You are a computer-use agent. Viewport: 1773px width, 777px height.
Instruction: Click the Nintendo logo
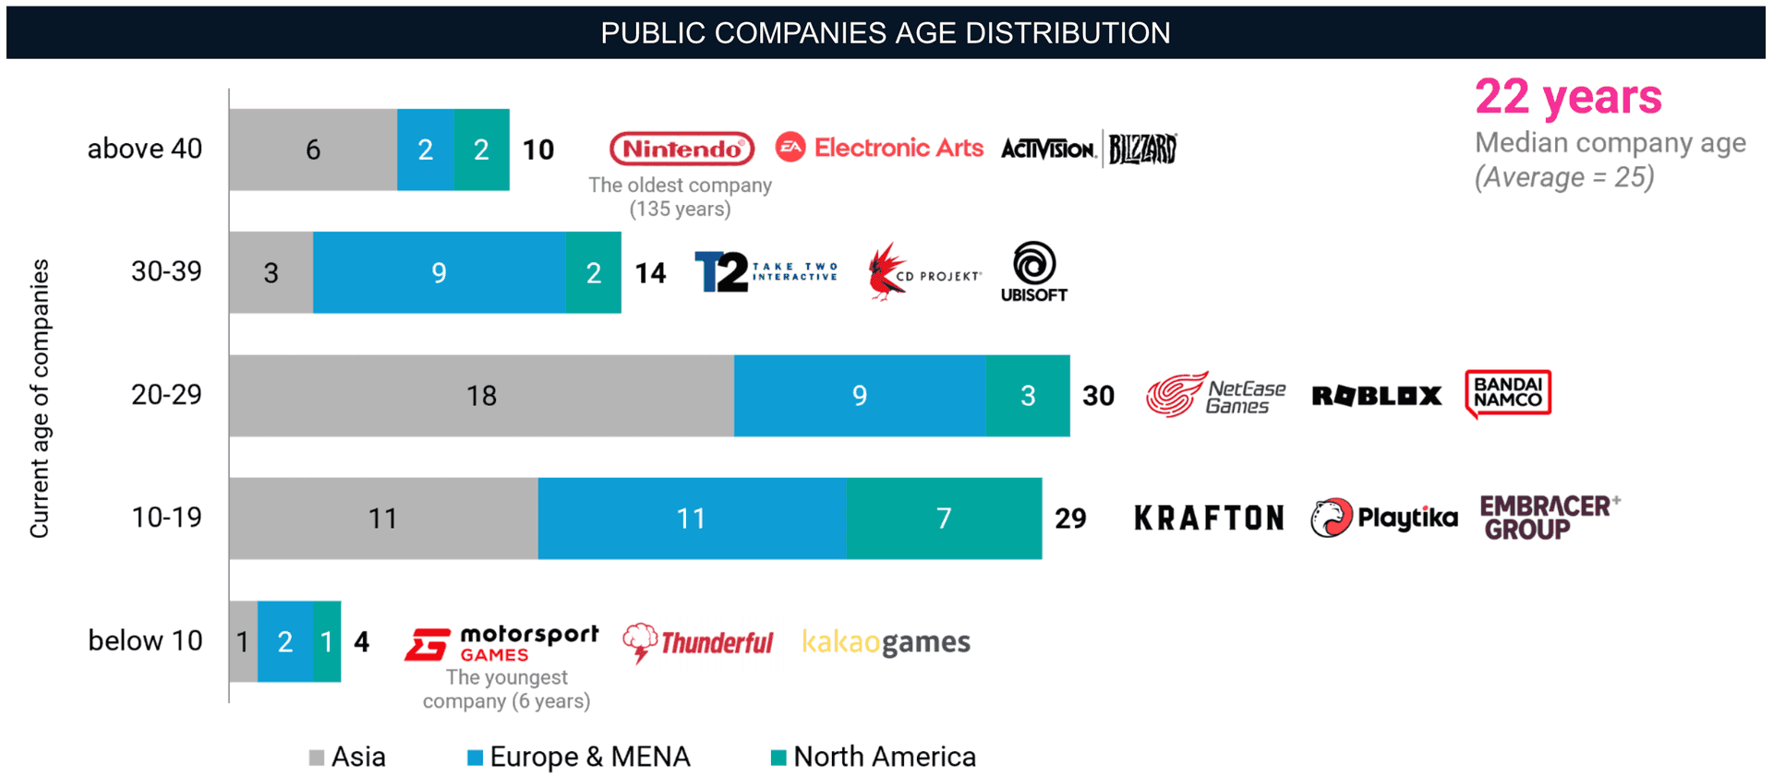[681, 149]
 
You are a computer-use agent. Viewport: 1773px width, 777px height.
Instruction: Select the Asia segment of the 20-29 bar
[481, 395]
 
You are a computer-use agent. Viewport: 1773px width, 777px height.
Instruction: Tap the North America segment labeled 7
[944, 518]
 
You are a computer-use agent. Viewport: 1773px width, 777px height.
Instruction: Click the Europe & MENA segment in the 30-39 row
[439, 272]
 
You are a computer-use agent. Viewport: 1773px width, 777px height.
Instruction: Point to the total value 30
[1098, 396]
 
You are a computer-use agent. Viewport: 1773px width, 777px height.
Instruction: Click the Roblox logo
[1376, 396]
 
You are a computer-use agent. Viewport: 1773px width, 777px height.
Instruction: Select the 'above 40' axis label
[145, 149]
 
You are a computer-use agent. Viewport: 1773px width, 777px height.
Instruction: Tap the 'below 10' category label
[145, 640]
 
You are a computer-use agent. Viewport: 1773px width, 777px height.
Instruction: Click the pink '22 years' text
[1568, 97]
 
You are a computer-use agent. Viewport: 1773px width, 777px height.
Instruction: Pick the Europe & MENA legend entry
[579, 757]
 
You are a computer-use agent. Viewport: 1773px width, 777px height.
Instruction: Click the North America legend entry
[874, 757]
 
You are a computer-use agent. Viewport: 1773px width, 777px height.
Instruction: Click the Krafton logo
[1209, 518]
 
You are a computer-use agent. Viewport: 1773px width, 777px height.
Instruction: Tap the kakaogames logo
[886, 641]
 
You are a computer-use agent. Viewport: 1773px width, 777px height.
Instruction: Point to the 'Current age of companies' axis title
[40, 398]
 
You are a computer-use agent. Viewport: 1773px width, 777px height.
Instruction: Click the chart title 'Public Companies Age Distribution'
[885, 33]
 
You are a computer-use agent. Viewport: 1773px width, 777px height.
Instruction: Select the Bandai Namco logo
[1507, 393]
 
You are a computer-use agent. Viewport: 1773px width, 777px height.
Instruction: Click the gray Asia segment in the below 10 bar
[243, 641]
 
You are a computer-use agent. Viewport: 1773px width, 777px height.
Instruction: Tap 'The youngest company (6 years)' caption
[506, 689]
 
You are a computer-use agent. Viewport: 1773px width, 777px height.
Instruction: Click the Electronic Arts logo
[879, 148]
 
